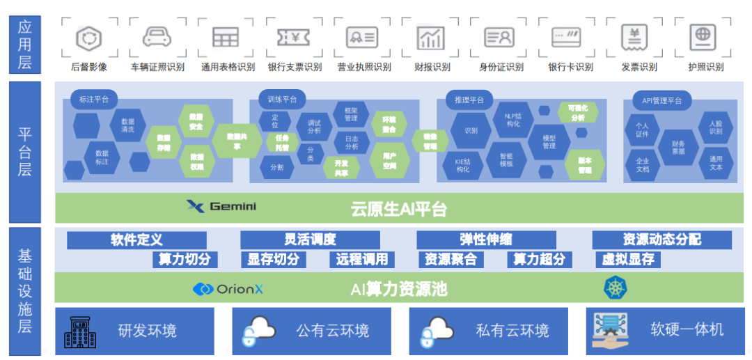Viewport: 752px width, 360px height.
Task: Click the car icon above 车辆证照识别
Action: [157, 38]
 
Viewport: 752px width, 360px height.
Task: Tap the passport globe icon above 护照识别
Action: [703, 36]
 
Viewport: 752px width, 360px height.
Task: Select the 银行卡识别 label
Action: [570, 68]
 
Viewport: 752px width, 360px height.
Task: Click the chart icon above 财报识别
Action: [431, 38]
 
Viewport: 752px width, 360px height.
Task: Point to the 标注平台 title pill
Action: [94, 100]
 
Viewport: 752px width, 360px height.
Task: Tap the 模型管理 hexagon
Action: [549, 141]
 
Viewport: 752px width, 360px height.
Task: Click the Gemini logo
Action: [222, 206]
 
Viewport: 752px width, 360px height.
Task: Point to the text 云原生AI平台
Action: [398, 208]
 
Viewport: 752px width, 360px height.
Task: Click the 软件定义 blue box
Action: [136, 240]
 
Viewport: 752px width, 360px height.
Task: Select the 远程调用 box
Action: [361, 260]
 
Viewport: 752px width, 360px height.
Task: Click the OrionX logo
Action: [228, 288]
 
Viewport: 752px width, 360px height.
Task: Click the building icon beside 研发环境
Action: [81, 331]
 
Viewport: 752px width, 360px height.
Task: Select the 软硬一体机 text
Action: [687, 329]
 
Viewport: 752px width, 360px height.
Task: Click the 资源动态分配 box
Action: [661, 240]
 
